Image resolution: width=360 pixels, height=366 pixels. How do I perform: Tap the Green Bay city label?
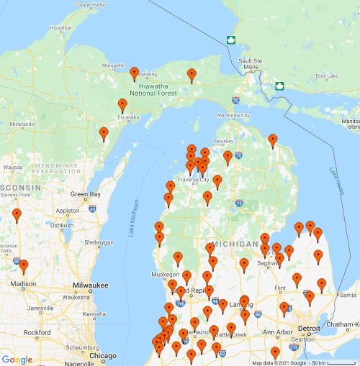pyautogui.click(x=84, y=194)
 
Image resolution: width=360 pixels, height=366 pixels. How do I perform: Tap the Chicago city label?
pyautogui.click(x=102, y=356)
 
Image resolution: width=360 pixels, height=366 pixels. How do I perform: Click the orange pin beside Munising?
pyautogui.click(x=135, y=73)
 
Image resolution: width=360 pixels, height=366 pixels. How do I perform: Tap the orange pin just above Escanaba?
pyautogui.click(x=122, y=106)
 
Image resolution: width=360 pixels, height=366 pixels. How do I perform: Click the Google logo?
pyautogui.click(x=17, y=360)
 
